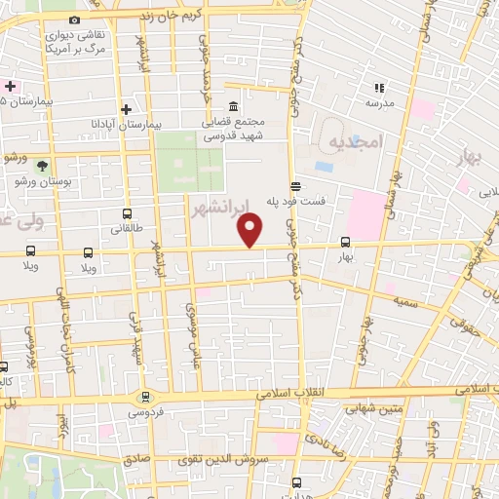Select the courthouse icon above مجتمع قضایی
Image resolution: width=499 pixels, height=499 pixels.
(233, 107)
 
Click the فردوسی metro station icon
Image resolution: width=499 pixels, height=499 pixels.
(145, 397)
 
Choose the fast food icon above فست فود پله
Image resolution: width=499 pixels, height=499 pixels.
(294, 184)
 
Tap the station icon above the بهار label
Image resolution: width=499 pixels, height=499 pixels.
(345, 243)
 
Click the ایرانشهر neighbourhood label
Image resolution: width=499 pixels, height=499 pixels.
(220, 208)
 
